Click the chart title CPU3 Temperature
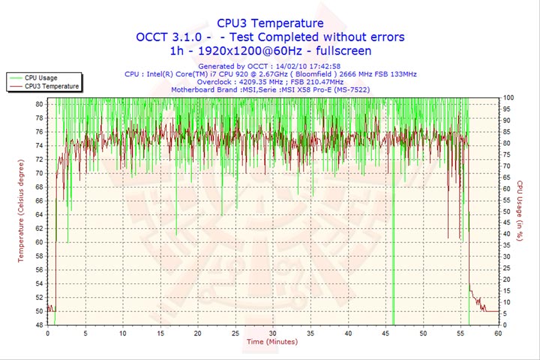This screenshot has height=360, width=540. (x=270, y=23)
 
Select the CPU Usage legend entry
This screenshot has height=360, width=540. (x=40, y=77)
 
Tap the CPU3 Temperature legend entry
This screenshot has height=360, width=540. (x=50, y=86)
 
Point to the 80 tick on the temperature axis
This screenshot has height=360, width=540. (x=39, y=104)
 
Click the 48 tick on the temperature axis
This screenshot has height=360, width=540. (x=39, y=325)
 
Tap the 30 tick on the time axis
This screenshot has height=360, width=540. (x=272, y=333)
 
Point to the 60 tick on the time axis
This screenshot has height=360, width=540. (x=497, y=333)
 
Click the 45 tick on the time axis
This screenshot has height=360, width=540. (x=385, y=333)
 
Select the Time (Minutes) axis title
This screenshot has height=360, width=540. (x=271, y=342)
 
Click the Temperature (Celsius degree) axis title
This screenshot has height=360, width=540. (x=22, y=214)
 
